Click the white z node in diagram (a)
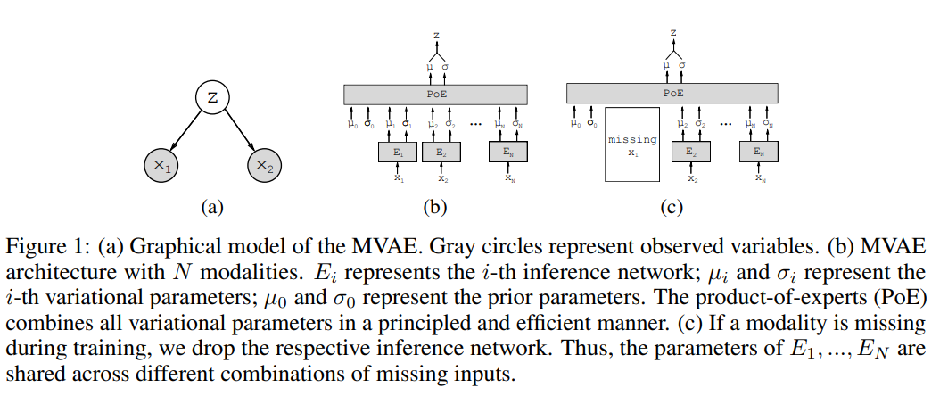(211, 98)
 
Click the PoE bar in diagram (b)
(435, 93)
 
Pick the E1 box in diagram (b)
(398, 153)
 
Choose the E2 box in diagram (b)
(441, 153)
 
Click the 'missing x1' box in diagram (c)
(631, 145)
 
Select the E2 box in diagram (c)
(691, 153)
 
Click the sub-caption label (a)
(210, 209)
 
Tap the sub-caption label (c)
(671, 209)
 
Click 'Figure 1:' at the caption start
(38, 247)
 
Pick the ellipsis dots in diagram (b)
(476, 124)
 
